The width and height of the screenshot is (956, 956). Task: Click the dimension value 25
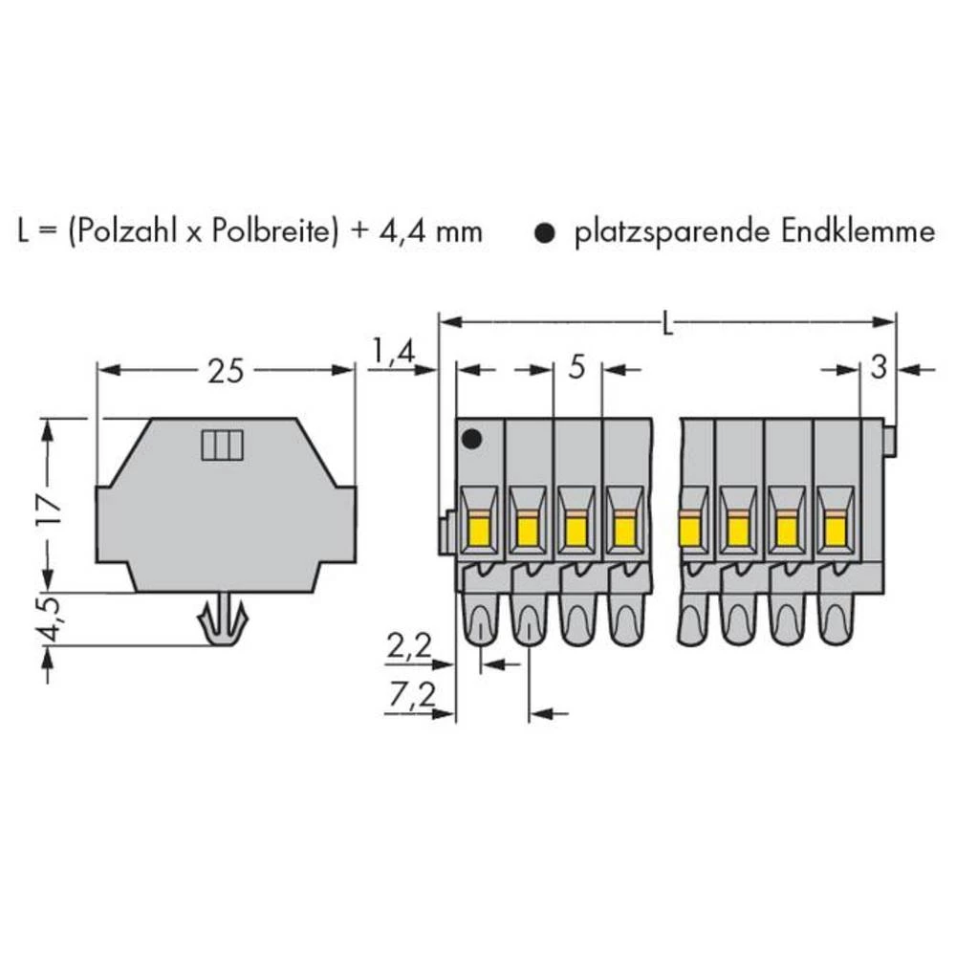pos(225,370)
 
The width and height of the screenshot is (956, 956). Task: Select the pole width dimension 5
pos(576,369)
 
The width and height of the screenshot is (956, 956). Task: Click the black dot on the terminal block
pos(471,441)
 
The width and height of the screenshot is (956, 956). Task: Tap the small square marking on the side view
pos(223,445)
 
